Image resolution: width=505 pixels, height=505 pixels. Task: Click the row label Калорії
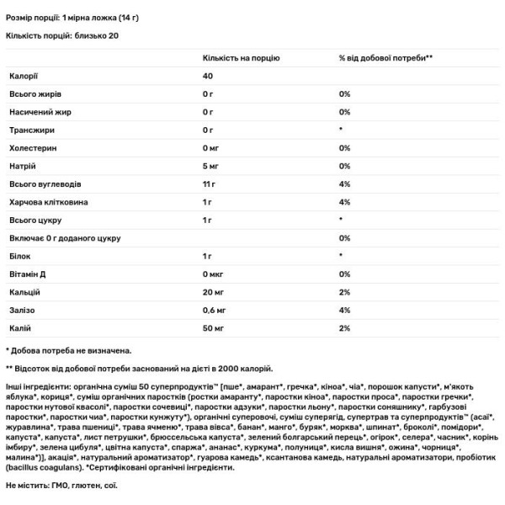(22, 77)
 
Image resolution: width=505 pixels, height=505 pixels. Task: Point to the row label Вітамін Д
(27, 275)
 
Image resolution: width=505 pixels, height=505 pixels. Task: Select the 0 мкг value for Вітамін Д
(215, 275)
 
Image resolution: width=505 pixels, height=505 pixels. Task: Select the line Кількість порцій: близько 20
(62, 36)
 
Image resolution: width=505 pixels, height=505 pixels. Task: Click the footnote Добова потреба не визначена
(71, 349)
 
